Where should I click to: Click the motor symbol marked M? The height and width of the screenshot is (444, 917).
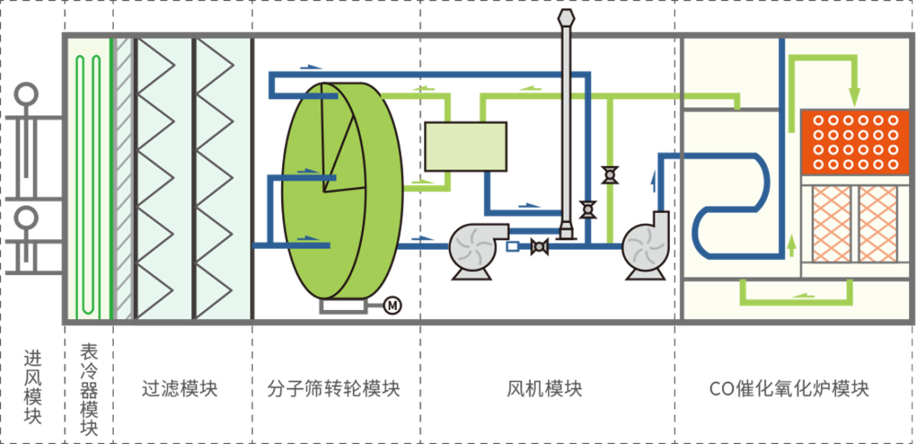point(392,304)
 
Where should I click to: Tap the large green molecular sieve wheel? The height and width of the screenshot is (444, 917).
point(335,193)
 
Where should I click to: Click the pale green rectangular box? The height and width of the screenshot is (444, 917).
point(465,147)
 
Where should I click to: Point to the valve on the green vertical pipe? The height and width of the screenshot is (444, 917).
point(610,176)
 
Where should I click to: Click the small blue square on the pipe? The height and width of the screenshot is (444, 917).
point(512,246)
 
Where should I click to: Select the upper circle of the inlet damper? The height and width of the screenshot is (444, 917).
point(27,94)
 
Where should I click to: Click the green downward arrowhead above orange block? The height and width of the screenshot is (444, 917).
point(854,97)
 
